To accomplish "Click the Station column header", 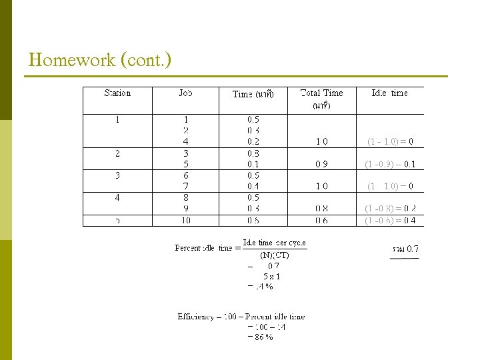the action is pos(117,93).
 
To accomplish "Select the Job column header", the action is pos(185,93).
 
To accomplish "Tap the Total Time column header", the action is pos(321,93).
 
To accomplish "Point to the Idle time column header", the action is pos(389,93).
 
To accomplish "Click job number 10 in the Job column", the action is pos(185,221).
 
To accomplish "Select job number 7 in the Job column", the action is pos(185,186).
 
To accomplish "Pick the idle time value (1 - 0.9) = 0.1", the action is pos(390,164).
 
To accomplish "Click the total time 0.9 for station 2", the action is pos(321,164).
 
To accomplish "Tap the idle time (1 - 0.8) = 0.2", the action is pos(390,209).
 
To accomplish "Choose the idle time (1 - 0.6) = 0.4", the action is pos(390,221).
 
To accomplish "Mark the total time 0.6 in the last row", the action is pos(321,221).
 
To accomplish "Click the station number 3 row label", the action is pos(117,175).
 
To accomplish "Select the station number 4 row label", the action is pos(117,198).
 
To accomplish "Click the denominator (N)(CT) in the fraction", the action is pos(274,254).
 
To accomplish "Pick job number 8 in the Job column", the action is pos(185,198).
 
